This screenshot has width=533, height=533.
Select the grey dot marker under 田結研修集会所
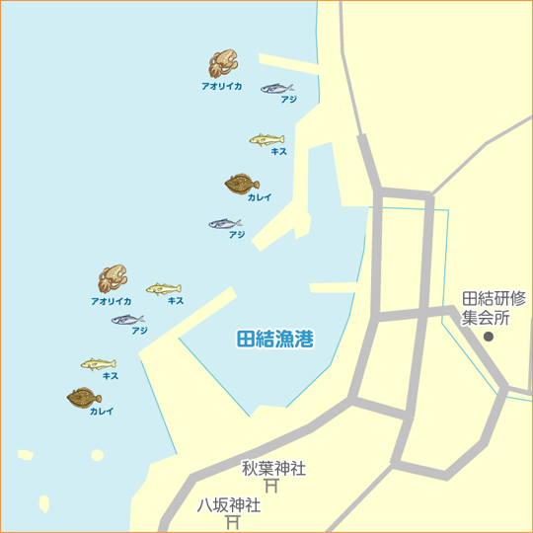point(488,338)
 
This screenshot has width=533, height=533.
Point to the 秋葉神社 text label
point(273,467)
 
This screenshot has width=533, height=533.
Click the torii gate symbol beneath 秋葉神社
point(271,486)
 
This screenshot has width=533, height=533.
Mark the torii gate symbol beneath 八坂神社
point(234,523)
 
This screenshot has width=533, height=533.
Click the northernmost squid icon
point(223,64)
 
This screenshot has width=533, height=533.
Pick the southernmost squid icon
point(113,279)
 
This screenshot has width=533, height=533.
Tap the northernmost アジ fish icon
point(276,88)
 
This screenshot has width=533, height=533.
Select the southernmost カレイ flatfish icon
point(84,397)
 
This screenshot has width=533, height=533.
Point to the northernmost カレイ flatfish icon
point(242,184)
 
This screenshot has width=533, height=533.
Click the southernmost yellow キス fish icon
point(99,364)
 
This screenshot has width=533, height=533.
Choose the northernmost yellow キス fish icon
point(266,139)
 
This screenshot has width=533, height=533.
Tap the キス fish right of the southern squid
point(163,288)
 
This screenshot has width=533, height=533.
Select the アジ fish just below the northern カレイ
point(225,223)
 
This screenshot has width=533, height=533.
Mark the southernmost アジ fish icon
point(127,319)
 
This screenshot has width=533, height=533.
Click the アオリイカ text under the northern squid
point(221,87)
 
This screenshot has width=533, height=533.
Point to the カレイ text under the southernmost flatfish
point(102,412)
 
